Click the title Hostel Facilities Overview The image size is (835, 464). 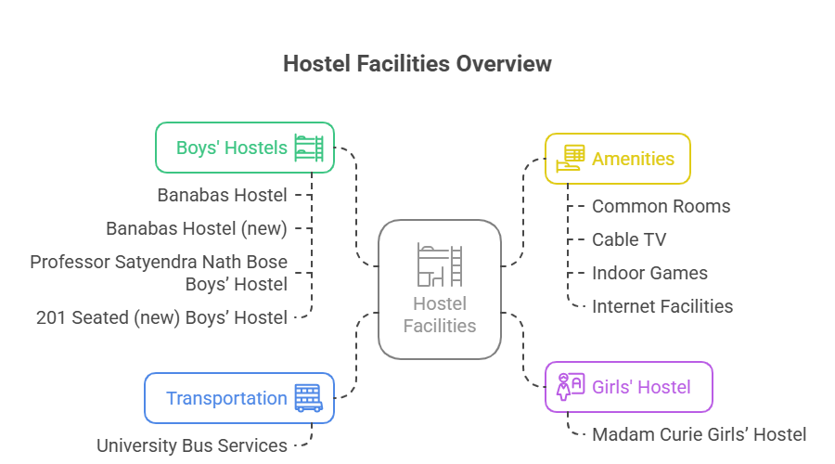point(417,64)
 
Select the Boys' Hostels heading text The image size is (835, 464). point(232,148)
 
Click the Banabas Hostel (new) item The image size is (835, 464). point(197,228)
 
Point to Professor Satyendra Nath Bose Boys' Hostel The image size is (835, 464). point(159,273)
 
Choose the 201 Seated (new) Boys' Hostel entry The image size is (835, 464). point(161,317)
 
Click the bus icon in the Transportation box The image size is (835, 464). point(308,398)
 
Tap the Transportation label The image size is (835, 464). point(226,398)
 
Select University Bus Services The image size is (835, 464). point(192,445)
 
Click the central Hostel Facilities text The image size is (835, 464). point(440,315)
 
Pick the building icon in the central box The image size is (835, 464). point(440,264)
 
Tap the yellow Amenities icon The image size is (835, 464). point(570,159)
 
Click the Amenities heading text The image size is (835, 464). point(634,159)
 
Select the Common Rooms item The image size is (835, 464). point(662,206)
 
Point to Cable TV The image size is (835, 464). point(629,239)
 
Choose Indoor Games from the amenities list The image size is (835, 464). point(649,273)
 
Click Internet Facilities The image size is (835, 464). point(662,306)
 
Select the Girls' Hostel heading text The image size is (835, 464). point(641,387)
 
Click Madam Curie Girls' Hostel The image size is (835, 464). point(700,434)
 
